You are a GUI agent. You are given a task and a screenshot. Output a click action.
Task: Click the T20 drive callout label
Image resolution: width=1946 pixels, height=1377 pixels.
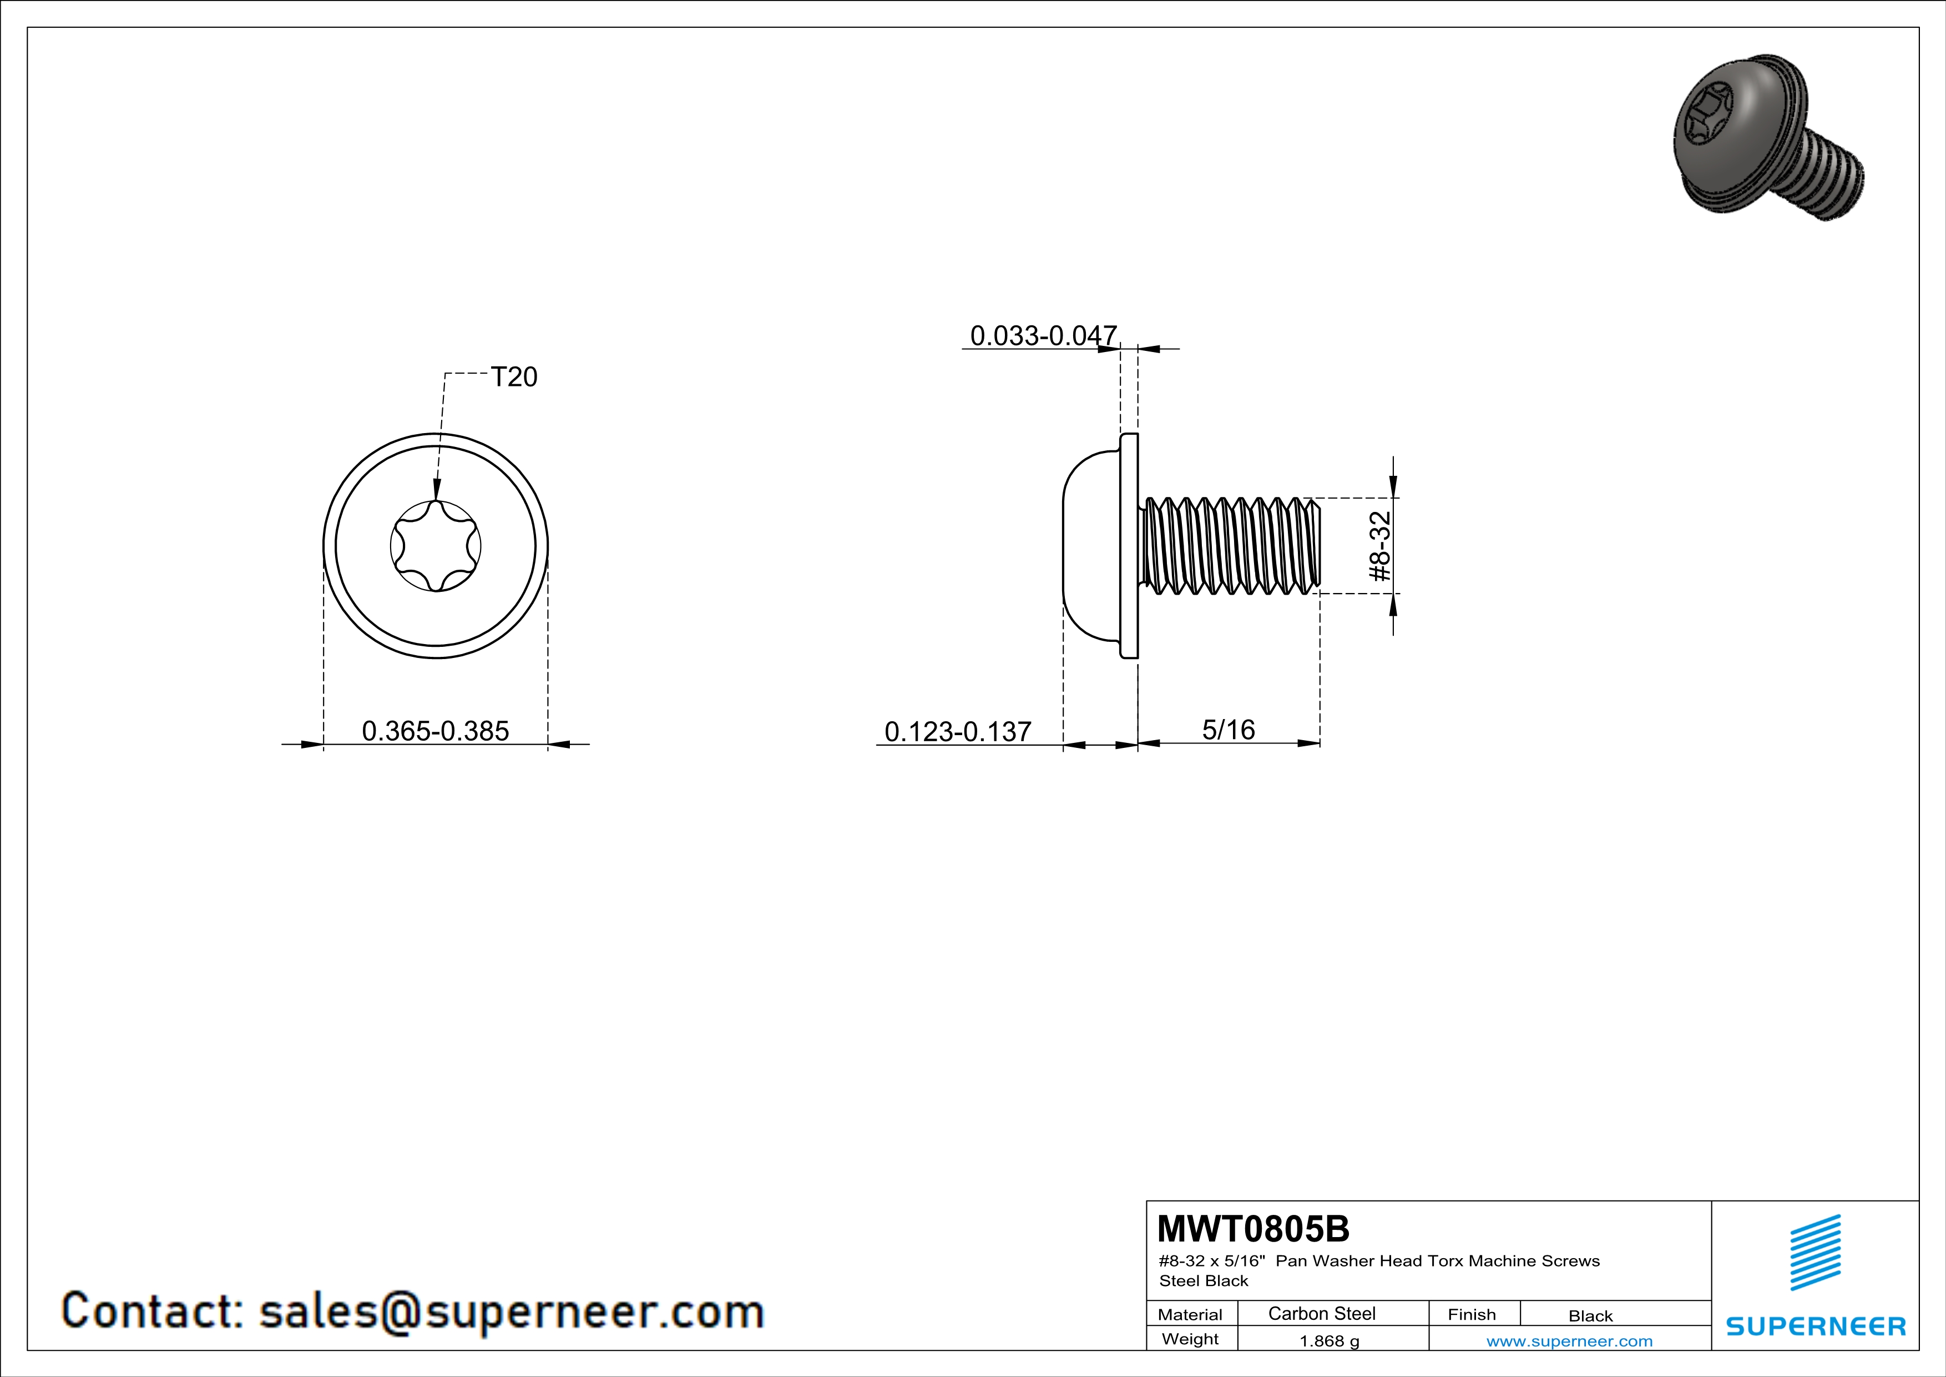click(514, 376)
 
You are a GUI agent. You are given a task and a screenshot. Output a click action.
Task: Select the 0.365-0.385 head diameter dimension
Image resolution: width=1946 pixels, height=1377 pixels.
click(436, 731)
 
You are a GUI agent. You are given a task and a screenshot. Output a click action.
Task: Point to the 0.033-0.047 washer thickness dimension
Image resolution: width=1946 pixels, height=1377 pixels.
click(1043, 336)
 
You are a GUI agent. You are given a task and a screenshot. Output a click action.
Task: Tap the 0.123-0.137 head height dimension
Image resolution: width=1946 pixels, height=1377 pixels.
click(958, 731)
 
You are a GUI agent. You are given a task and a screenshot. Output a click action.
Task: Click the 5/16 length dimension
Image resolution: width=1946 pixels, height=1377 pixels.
click(1228, 729)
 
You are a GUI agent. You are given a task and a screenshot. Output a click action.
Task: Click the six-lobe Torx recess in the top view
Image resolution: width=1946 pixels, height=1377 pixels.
click(436, 545)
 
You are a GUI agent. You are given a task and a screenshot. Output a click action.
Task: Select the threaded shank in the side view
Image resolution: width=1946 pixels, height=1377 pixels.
click(1229, 545)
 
